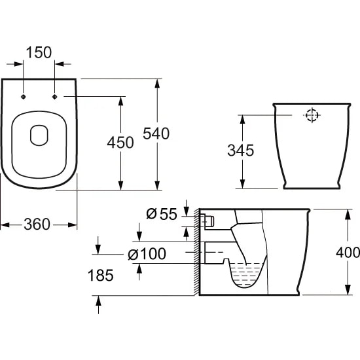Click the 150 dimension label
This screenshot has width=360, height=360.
point(39,52)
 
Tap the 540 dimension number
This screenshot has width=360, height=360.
point(156,134)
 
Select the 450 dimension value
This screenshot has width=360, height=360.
point(120,142)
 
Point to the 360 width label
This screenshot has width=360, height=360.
point(37,225)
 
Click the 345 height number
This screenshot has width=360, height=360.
point(241,151)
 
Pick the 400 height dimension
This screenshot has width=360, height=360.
point(348,253)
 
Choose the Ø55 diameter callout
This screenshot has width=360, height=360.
point(162,214)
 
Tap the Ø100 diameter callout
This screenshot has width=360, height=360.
point(147,254)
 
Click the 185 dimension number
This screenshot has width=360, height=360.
point(101,276)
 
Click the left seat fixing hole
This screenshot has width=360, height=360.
point(23,97)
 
